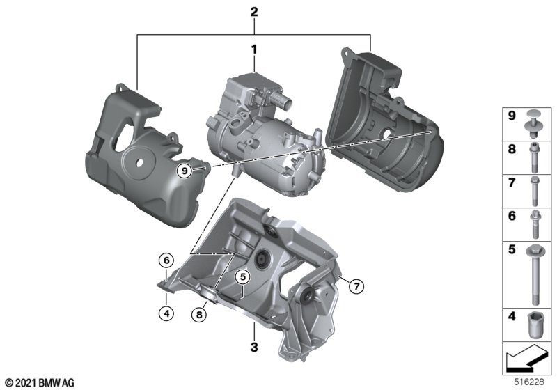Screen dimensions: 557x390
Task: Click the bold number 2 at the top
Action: (254, 12)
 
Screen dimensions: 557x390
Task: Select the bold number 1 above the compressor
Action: (254, 49)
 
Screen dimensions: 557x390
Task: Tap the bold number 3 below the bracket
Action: (254, 347)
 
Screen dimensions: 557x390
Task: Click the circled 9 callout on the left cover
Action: (185, 171)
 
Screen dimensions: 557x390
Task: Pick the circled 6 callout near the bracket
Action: (166, 260)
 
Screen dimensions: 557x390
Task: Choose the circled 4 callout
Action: (166, 313)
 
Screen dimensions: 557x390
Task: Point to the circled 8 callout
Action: (199, 315)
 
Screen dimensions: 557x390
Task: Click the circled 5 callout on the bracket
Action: (242, 276)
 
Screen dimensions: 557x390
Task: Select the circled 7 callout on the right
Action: (356, 286)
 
